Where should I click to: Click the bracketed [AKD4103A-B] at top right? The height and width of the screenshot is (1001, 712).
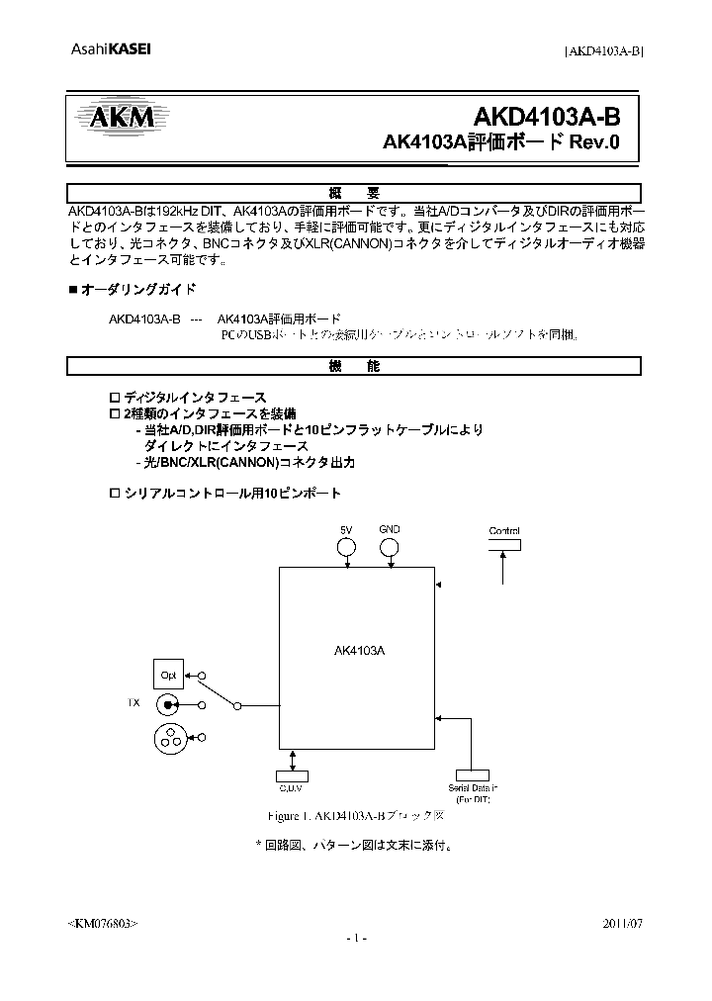tap(603, 52)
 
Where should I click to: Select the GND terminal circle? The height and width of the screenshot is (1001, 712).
tap(390, 549)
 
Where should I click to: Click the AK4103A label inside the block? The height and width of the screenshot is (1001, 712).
tap(360, 651)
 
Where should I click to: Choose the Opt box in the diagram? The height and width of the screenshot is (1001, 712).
tap(166, 677)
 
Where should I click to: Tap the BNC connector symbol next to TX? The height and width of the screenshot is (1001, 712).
tap(168, 704)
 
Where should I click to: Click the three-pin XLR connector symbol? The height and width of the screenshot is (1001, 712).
tap(169, 736)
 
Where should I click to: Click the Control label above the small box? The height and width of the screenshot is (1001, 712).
tap(504, 531)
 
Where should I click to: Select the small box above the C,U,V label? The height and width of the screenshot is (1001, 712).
tap(292, 774)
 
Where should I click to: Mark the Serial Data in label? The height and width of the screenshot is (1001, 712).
tap(473, 788)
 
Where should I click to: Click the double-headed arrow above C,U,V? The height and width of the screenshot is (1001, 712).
tap(292, 760)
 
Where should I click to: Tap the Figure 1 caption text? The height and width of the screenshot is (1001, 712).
tap(358, 817)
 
